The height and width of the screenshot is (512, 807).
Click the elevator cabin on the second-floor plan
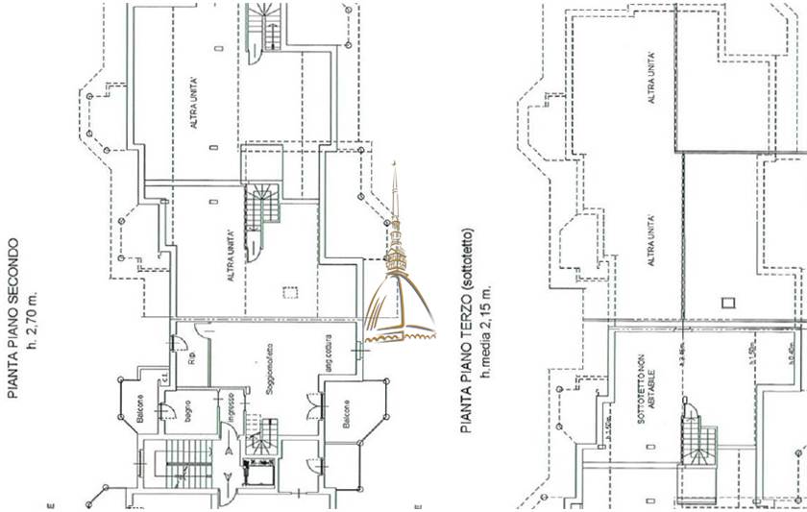click(258, 472)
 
